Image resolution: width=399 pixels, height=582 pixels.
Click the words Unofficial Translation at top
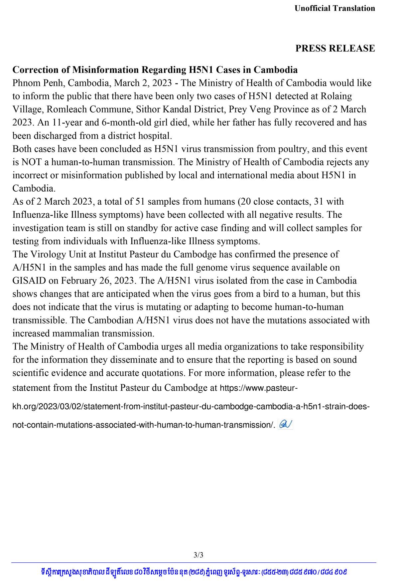(x=334, y=8)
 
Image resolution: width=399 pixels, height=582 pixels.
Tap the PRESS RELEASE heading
(x=335, y=48)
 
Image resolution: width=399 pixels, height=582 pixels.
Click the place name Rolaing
(x=336, y=96)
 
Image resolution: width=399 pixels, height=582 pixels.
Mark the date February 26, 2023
(x=98, y=281)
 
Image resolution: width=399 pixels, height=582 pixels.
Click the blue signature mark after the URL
(x=285, y=424)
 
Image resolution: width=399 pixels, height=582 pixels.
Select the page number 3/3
(x=198, y=555)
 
